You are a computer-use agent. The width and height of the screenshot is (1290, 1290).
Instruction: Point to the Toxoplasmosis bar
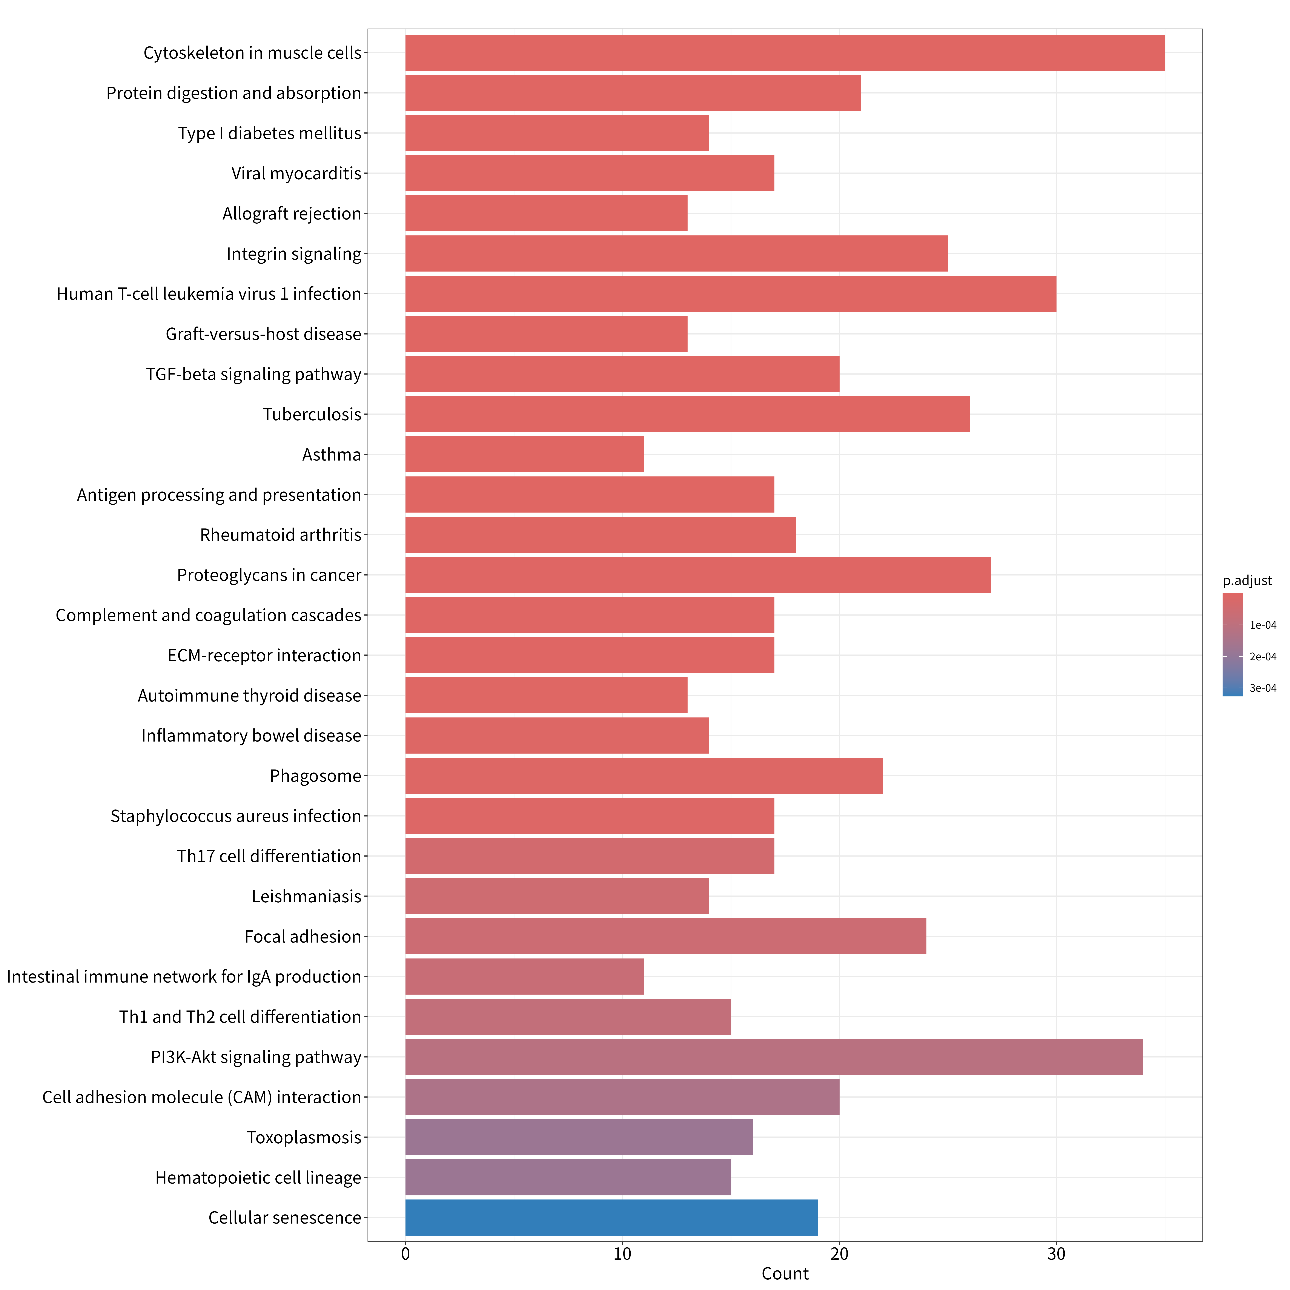[579, 1137]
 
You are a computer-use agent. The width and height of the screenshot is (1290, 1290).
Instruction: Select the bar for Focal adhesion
[666, 936]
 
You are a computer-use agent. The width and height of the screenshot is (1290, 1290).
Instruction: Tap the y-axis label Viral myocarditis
[296, 174]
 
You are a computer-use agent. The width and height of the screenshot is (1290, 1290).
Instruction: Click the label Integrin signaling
[294, 254]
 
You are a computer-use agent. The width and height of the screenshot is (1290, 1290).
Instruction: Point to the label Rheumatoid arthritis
[280, 535]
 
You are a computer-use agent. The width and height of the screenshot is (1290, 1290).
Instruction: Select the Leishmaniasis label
[306, 896]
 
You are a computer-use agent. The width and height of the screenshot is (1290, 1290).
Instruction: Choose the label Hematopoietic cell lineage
[258, 1177]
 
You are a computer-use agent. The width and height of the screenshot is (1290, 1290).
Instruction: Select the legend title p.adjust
[1247, 581]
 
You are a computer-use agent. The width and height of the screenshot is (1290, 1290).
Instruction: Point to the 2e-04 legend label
[1263, 657]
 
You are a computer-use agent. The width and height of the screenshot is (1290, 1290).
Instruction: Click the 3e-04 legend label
[1263, 688]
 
